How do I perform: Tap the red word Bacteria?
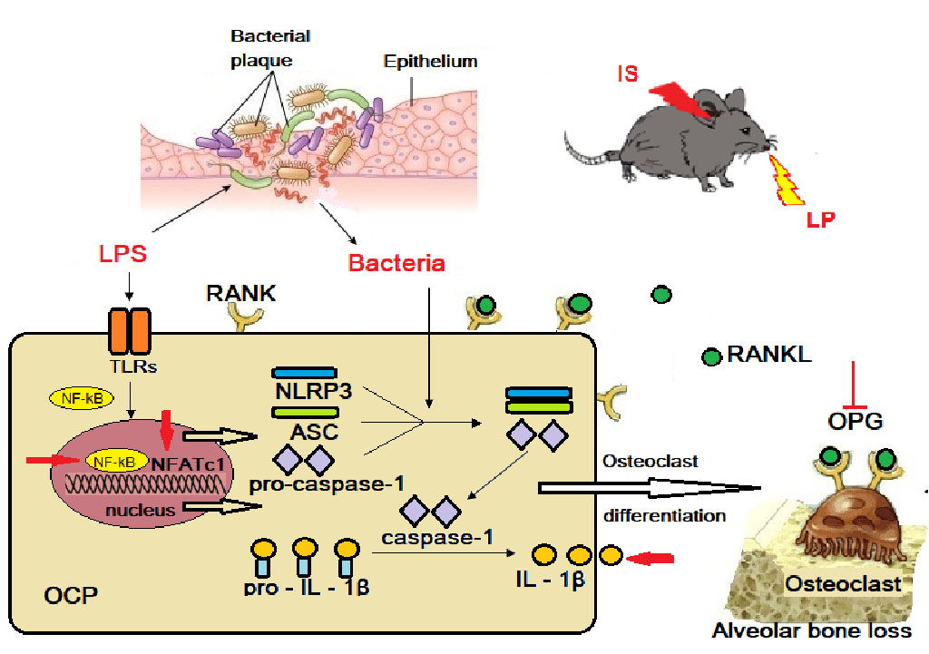(396, 264)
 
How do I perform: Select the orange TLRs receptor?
(128, 331)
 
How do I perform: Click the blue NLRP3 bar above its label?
(305, 373)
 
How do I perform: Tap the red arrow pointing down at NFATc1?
(166, 426)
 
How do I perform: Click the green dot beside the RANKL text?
(712, 356)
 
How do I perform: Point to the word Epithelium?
(430, 62)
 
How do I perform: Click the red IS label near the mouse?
(627, 73)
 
